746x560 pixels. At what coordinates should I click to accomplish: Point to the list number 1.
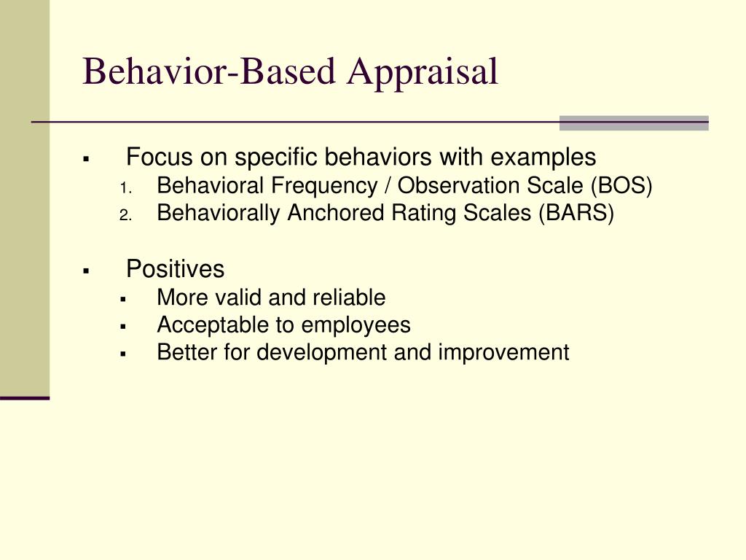coord(124,187)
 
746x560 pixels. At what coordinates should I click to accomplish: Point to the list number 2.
coord(125,214)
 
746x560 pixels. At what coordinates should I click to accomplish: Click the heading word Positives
coord(175,269)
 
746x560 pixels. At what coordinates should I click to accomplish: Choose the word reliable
coord(349,297)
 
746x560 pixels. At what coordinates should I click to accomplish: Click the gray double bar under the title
coord(634,122)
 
